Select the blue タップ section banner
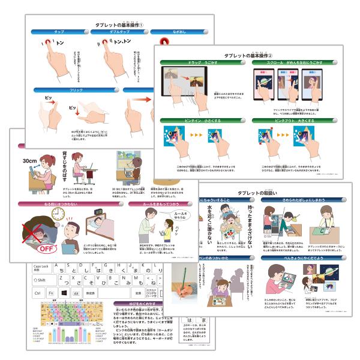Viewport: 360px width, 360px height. click(x=59, y=31)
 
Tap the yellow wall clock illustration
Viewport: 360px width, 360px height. click(x=58, y=213)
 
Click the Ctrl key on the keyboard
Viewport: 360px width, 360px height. click(x=38, y=293)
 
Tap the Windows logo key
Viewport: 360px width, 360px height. click(x=64, y=293)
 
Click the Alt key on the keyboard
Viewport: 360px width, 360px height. click(x=77, y=293)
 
